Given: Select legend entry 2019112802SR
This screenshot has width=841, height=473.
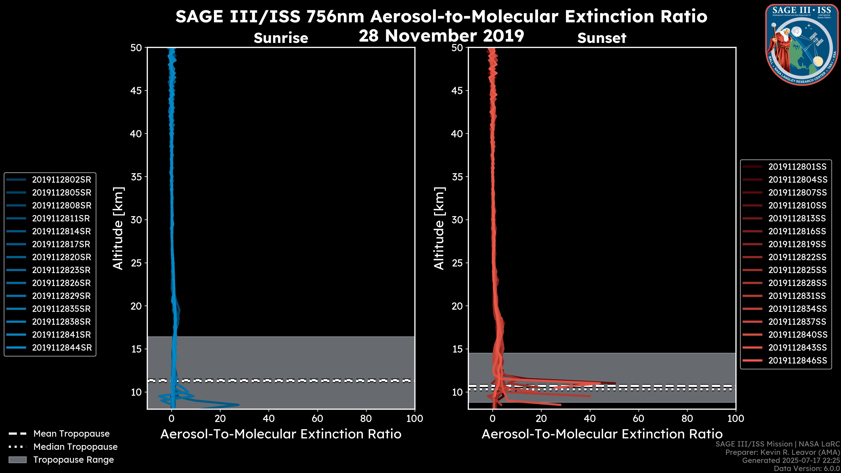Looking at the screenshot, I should (x=61, y=180).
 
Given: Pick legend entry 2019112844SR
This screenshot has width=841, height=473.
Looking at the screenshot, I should (x=62, y=348).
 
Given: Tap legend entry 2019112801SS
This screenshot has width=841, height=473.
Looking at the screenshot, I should (x=797, y=167).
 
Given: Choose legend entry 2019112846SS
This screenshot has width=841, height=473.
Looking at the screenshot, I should (x=797, y=360).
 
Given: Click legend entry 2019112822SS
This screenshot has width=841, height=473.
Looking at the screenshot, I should (x=797, y=257).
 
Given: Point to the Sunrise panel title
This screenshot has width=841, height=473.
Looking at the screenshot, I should (x=281, y=38).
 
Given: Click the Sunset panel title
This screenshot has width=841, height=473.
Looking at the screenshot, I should (x=602, y=38).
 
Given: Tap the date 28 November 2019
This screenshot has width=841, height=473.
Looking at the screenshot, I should (x=441, y=36).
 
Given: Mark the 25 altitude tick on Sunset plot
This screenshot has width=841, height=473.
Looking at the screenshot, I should (x=457, y=263).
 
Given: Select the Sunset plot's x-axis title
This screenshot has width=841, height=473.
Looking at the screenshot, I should (x=602, y=434).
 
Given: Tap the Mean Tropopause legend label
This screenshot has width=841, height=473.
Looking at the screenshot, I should (x=71, y=434).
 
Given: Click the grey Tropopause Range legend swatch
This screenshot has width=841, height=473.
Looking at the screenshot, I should (x=18, y=460).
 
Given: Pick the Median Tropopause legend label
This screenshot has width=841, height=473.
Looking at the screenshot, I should (x=75, y=447).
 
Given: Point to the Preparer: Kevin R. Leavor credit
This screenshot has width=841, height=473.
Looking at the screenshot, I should (x=782, y=452).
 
